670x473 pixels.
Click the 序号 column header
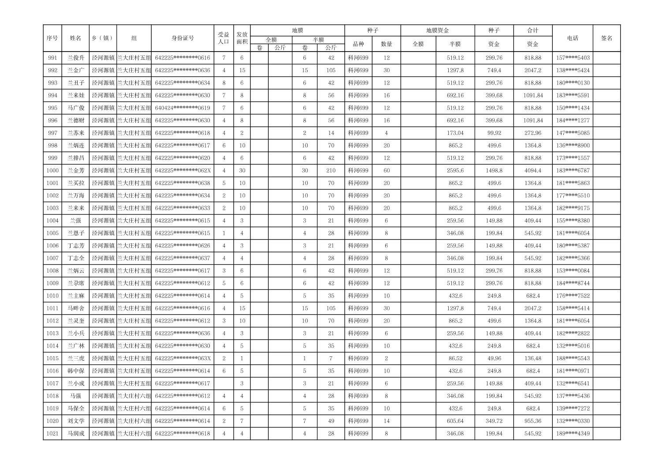tap(52, 38)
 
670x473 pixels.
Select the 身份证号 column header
tap(182, 38)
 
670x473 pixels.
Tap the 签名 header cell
tap(607, 38)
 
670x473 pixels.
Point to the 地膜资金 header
tap(437, 31)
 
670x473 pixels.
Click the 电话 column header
tap(572, 38)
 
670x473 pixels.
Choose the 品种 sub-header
tap(358, 44)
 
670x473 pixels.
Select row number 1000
tap(52, 170)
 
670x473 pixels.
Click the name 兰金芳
tap(76, 170)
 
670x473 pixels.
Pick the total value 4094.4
tap(532, 170)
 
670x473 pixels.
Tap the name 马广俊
tap(76, 108)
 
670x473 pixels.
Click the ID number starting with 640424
tap(182, 108)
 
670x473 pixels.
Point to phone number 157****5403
tap(572, 58)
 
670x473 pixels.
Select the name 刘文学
tap(76, 421)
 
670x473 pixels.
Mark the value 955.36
tap(532, 421)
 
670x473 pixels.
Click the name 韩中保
tap(76, 371)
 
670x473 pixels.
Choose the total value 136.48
tap(532, 358)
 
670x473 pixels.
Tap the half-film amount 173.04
tap(455, 133)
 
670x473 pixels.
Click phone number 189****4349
tap(572, 433)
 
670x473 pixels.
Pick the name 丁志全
tap(76, 258)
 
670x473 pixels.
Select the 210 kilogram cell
tap(331, 170)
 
